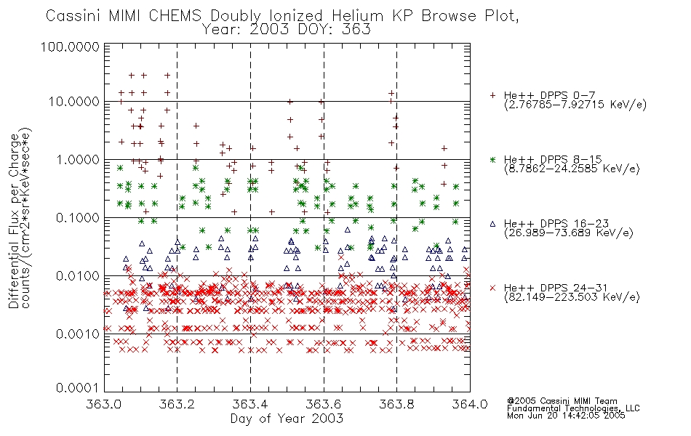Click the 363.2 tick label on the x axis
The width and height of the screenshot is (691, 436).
[x=177, y=404]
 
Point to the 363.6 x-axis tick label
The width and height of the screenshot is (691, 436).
[x=324, y=404]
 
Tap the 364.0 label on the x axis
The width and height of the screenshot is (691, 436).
[x=470, y=404]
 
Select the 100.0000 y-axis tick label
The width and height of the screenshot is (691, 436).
[x=70, y=47]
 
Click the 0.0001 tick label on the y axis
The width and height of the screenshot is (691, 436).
[x=78, y=388]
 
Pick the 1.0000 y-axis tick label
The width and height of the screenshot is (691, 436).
[x=78, y=159]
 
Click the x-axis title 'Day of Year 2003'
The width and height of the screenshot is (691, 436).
[x=287, y=419]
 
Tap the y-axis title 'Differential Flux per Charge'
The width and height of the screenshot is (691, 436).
[x=14, y=221]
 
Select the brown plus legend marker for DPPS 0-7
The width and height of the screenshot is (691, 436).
[x=492, y=95]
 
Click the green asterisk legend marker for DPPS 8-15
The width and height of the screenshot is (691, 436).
[x=492, y=159]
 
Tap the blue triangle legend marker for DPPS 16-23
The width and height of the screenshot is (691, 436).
[x=492, y=224]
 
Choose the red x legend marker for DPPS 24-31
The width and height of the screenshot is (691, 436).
[x=492, y=288]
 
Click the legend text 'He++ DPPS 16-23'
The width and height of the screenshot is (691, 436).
[x=556, y=223]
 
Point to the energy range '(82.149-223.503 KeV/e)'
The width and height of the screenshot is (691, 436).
[x=572, y=297]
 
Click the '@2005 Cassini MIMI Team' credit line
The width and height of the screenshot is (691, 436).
[x=562, y=401]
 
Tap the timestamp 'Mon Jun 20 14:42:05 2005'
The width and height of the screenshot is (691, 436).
[x=566, y=416]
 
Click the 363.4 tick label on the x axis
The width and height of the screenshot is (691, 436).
[x=250, y=404]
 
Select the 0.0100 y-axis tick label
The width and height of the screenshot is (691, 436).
[x=78, y=276]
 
